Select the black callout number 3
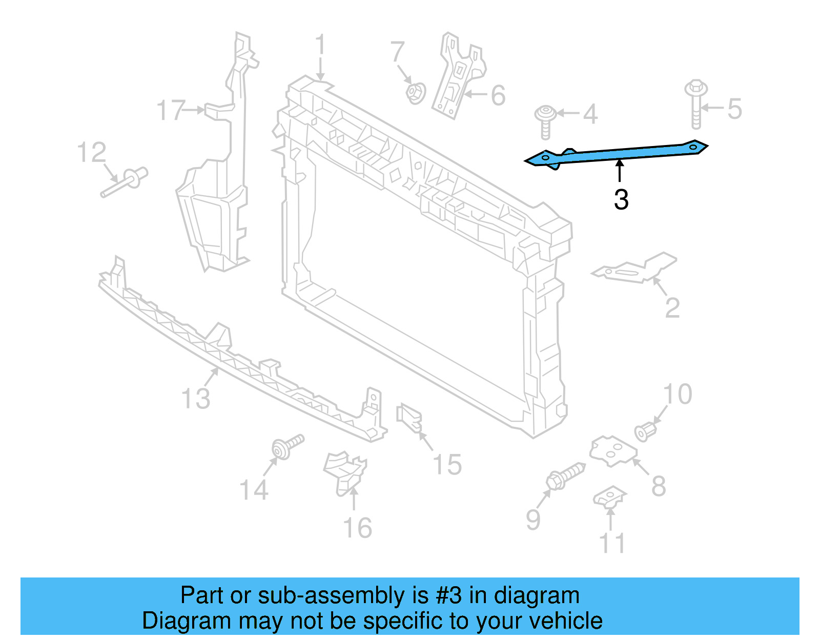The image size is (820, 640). pyautogui.click(x=621, y=200)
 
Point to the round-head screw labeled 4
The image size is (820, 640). pyautogui.click(x=546, y=120)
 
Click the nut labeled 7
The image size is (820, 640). pyautogui.click(x=415, y=93)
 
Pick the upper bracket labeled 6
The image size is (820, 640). pyautogui.click(x=458, y=77)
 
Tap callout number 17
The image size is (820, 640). pyautogui.click(x=170, y=110)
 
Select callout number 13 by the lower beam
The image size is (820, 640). pyautogui.click(x=196, y=398)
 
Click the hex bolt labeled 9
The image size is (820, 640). pyautogui.click(x=564, y=477)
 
